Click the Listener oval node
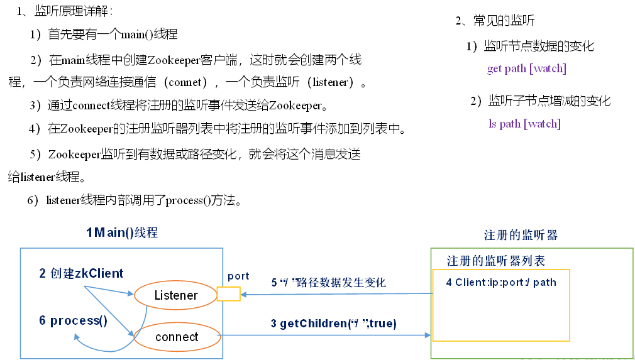coord(175,295)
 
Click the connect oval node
coord(177,337)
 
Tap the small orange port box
coord(228,294)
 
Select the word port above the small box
coord(238,276)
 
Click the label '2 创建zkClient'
coord(81,273)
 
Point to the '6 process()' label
coord(73,320)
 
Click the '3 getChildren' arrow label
coord(334,324)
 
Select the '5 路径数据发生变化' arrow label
coord(328,283)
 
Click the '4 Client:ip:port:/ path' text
coord(500,282)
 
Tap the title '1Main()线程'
coord(122,232)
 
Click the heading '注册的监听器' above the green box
coord(521,235)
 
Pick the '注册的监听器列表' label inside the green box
coord(495,260)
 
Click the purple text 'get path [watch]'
coord(526,68)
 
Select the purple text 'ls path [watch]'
coord(524,124)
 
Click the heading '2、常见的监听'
coord(495,20)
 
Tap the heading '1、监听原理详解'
coord(65,11)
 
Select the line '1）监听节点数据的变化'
coord(530,46)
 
